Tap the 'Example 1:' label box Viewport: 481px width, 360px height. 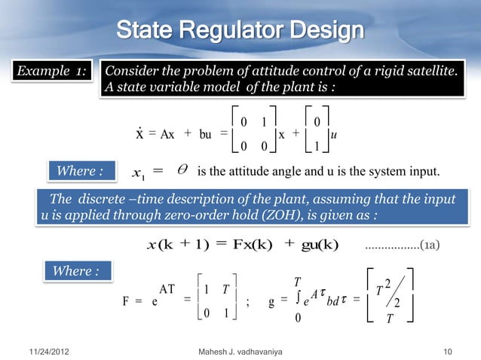[x=48, y=72]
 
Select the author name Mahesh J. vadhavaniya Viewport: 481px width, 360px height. [x=240, y=352]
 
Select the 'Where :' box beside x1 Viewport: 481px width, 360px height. [x=76, y=171]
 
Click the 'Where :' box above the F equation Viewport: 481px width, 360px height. [x=75, y=270]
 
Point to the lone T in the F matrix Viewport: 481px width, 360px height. [x=225, y=291]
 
